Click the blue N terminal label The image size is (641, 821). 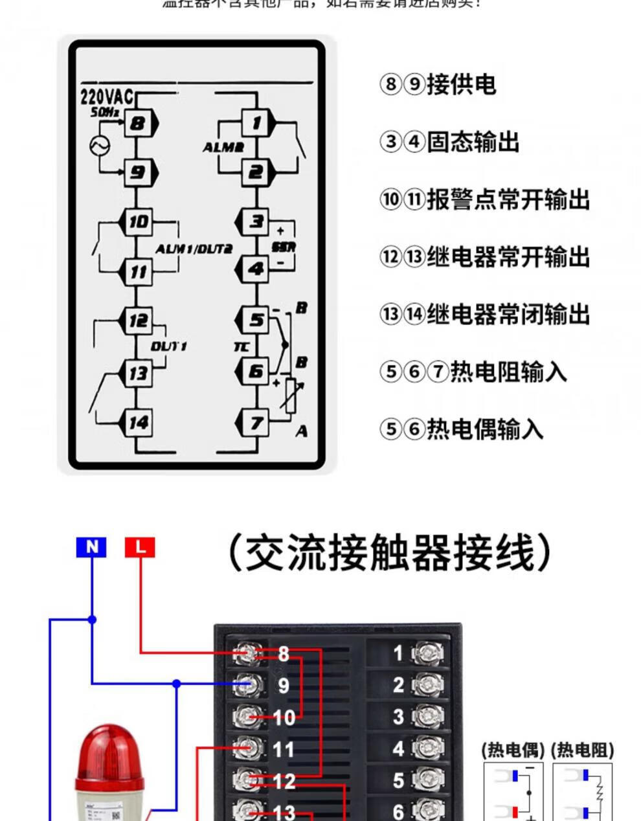pos(91,547)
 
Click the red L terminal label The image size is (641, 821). pos(140,547)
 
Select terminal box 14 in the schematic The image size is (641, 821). pos(138,422)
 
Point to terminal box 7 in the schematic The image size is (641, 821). pos(256,422)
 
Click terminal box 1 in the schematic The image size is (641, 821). pos(256,122)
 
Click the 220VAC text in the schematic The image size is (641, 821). pos(106,97)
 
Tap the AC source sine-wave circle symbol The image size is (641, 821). pos(100,146)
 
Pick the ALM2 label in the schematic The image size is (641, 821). pos(223,148)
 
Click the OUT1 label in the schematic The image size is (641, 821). pos(169,346)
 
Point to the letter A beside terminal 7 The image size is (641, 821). pos(301,431)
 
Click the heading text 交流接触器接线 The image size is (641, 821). pos(390,553)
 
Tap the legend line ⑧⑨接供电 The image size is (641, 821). pos(438,84)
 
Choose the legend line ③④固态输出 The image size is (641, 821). pos(449,142)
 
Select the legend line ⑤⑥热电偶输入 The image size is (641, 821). pos(461,429)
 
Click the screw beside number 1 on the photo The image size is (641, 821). pos(427,653)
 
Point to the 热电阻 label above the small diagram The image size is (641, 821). pos(582,750)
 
